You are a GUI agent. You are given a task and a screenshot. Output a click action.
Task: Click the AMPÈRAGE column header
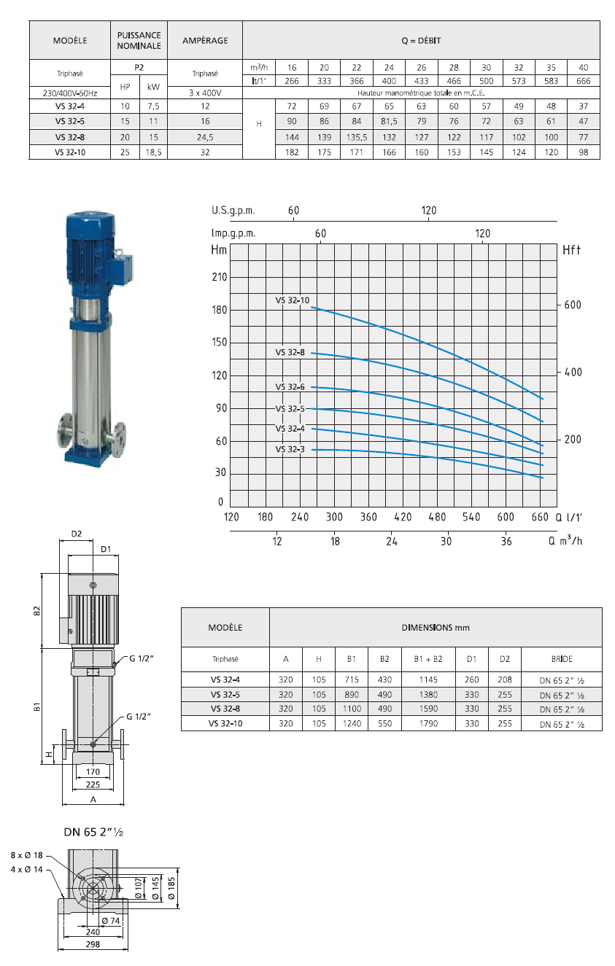click(205, 41)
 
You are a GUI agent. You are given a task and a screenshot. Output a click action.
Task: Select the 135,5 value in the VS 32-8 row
click(357, 137)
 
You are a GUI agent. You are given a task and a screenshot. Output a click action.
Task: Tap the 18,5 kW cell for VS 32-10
click(153, 152)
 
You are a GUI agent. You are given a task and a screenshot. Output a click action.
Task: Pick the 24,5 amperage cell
click(205, 137)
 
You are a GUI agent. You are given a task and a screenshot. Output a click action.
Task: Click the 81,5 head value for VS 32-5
click(389, 121)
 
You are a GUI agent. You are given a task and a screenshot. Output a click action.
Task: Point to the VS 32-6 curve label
click(290, 387)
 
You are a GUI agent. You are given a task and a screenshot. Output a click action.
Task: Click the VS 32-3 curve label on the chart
click(290, 449)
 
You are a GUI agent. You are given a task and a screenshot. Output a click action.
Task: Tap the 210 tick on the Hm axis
click(220, 277)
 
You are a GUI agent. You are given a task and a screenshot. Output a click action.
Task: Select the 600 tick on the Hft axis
click(573, 305)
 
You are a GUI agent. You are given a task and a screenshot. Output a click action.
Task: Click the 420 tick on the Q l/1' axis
click(403, 517)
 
